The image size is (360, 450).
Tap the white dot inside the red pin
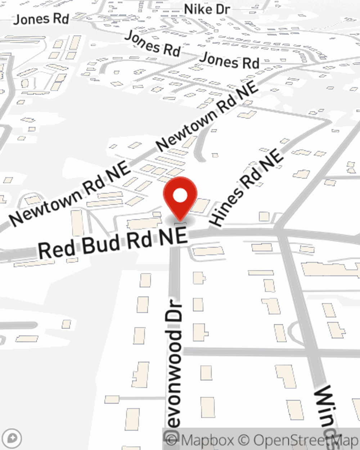[x=180, y=196]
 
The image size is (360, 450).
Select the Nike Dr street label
[x=207, y=10]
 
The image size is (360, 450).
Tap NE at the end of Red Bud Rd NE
[x=176, y=237]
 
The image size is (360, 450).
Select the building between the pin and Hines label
[x=200, y=205]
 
